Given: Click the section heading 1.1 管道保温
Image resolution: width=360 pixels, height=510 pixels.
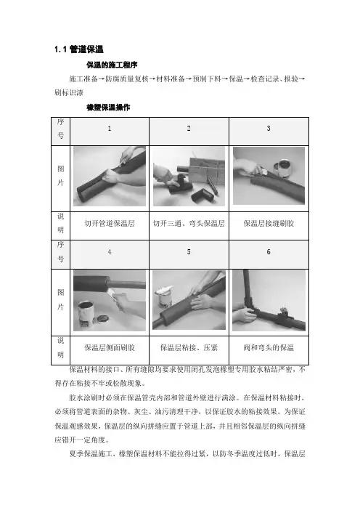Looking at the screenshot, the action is coord(79,49).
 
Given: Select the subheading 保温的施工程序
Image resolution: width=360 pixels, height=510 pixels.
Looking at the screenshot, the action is coord(112,65).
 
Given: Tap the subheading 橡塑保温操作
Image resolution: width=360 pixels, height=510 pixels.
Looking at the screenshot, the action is coord(108,108).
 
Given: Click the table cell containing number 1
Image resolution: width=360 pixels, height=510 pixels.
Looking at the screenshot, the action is coord(110,131).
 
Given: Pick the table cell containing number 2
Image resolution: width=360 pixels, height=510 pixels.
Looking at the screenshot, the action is coord(189,131).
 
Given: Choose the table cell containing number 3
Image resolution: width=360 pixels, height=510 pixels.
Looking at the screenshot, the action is coord(269,131).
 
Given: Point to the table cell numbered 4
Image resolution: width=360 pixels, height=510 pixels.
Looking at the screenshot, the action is coord(110,254).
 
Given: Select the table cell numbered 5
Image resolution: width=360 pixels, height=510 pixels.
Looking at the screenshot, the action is coord(189,254).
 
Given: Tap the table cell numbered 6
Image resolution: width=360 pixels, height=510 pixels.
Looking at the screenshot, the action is coord(269,254).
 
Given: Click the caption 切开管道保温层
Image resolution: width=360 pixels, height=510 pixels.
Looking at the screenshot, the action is coord(110,224).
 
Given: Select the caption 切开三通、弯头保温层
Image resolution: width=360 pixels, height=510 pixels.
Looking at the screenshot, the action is coord(189,224).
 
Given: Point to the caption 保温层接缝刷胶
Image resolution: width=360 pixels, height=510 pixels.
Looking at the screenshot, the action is coord(269,224).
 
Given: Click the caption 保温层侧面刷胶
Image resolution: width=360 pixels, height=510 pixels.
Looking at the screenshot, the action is coord(110,348).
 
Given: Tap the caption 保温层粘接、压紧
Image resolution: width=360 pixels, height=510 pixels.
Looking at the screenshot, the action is coord(189,348).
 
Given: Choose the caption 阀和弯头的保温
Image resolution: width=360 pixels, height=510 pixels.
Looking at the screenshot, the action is coord(269,348).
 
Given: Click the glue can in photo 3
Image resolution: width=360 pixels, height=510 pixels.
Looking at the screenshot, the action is coord(282,168).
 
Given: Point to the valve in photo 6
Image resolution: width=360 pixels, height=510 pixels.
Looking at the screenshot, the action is coord(282,312).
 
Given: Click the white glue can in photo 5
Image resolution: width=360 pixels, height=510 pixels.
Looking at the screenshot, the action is coord(165,297).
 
